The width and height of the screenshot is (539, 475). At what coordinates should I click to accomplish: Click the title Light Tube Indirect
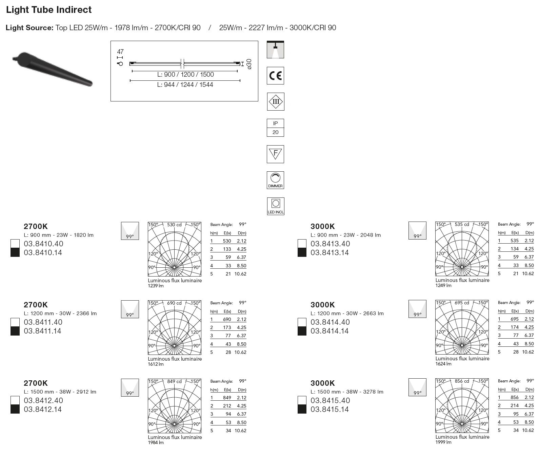(49, 10)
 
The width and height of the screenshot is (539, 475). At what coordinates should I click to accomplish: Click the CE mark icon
(275, 75)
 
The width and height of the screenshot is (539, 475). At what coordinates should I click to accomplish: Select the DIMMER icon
(275, 180)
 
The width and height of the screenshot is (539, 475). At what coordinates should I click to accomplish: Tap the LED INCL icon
(275, 206)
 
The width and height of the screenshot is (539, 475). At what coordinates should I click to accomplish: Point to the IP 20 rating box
(275, 128)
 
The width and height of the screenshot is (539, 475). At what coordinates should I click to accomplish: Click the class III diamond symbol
(275, 101)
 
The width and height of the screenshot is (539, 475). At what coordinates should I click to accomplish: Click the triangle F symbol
(275, 154)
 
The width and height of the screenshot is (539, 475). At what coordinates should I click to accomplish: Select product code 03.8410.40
(43, 244)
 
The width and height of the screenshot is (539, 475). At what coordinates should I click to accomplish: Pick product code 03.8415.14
(330, 409)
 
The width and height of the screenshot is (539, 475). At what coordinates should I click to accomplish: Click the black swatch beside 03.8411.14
(15, 331)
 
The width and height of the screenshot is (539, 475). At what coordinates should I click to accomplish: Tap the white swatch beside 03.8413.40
(302, 244)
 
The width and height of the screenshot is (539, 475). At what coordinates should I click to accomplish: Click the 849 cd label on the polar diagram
(175, 381)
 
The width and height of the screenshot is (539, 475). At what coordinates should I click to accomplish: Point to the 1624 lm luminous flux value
(443, 364)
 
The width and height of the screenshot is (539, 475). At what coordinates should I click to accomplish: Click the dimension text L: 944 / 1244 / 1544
(185, 85)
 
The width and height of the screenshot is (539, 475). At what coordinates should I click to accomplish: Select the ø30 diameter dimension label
(249, 64)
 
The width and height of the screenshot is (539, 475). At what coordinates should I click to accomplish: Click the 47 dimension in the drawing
(120, 52)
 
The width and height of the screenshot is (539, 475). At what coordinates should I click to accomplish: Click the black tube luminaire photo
(53, 69)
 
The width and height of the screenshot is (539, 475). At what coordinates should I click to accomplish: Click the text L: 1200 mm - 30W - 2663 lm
(347, 313)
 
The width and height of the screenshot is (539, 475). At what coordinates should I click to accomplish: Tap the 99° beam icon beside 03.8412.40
(130, 387)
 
